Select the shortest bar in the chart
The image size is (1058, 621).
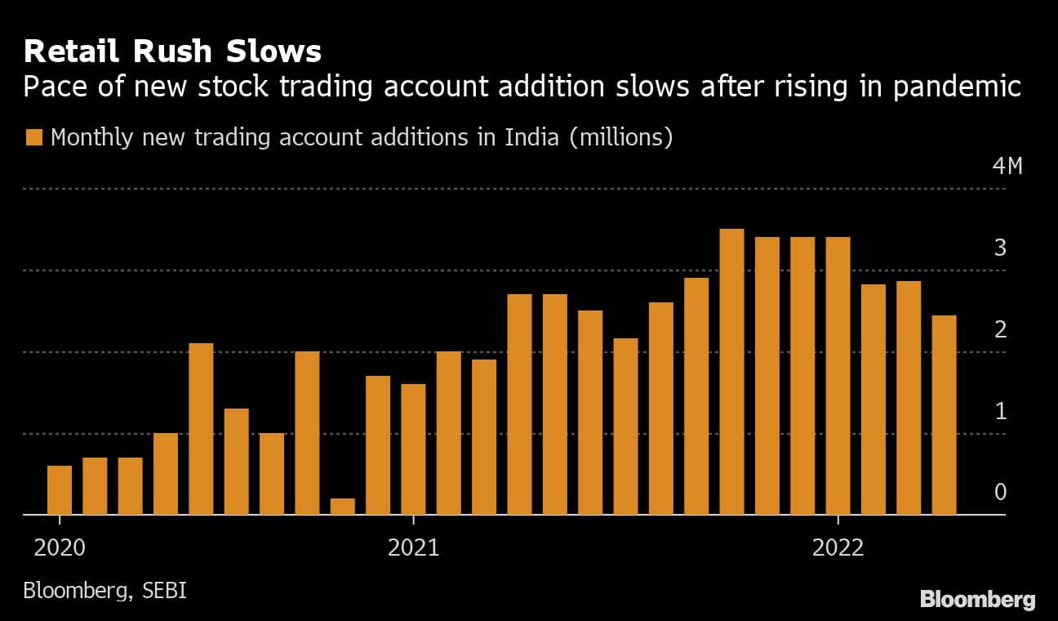coord(343,507)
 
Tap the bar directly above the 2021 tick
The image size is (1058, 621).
coord(413,449)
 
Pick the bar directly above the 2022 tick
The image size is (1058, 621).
coord(838,376)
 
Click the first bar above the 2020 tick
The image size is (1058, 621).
coord(60,490)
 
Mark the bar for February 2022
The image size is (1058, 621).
coord(873,400)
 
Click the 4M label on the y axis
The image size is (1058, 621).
coord(1007,167)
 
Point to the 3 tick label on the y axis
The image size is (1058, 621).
coord(999,248)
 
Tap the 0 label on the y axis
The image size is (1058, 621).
coord(1000,493)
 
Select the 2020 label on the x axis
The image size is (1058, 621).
coord(60,547)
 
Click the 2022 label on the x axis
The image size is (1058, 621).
coord(838,547)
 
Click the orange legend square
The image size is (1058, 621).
coord(33,137)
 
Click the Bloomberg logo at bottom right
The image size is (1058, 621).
coord(977,600)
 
